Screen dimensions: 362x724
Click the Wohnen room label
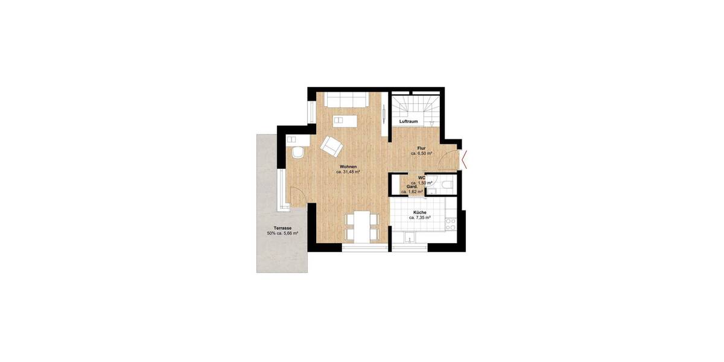point(348,167)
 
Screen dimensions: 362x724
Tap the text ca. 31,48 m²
point(348,172)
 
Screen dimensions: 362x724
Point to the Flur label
point(422,148)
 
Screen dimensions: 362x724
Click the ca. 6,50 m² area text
point(422,154)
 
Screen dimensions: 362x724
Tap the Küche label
point(420,213)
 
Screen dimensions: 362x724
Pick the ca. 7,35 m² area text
point(420,218)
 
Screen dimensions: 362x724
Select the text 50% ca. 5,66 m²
point(282,233)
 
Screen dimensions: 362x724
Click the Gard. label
point(412,187)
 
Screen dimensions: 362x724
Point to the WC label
point(422,177)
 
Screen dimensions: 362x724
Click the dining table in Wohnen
point(361,227)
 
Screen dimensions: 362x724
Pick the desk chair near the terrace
point(297,153)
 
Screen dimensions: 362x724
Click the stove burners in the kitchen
point(451,224)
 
